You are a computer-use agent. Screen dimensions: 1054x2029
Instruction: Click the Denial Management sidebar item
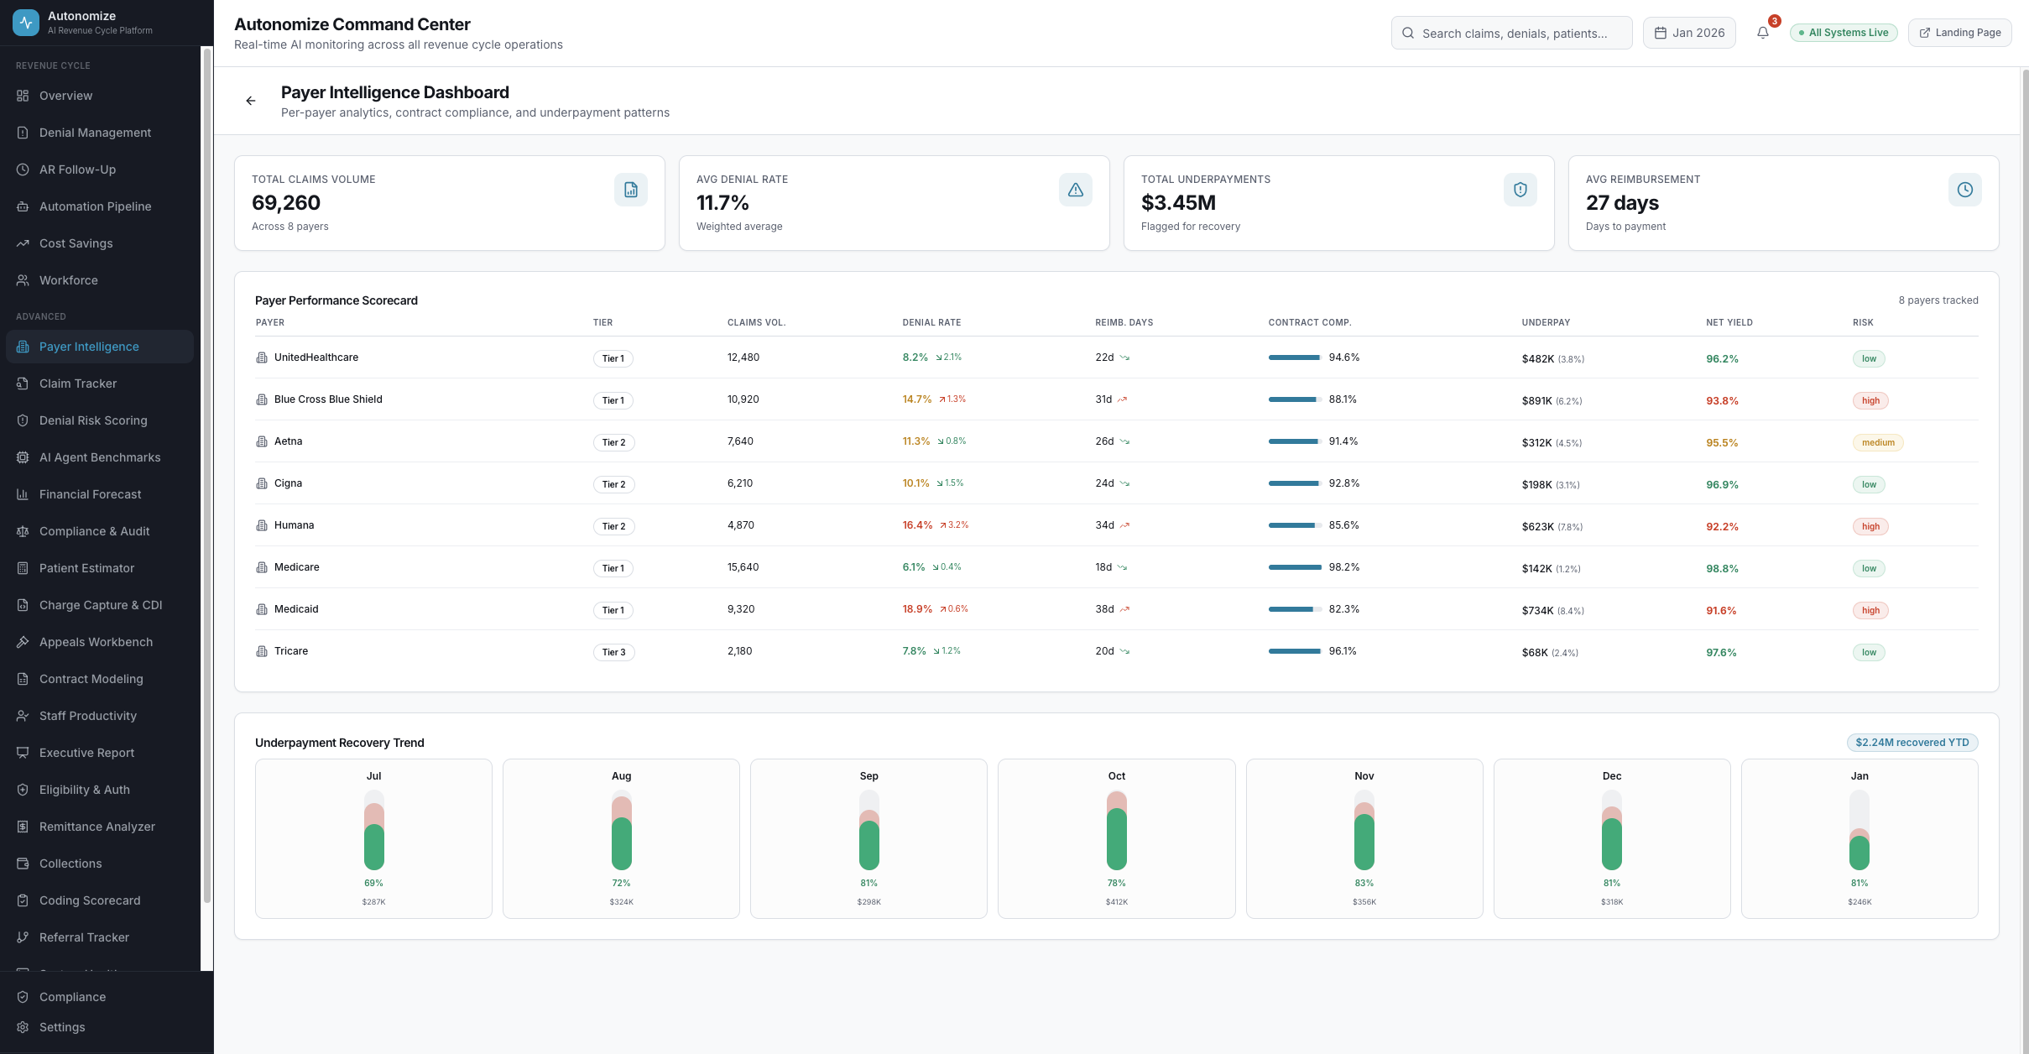point(95,133)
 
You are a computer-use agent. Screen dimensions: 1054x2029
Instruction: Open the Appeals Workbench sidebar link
point(96,642)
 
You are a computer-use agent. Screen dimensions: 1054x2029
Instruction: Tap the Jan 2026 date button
point(1689,33)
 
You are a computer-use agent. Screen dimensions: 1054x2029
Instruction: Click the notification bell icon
point(1762,33)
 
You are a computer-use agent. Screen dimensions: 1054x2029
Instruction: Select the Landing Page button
point(1959,33)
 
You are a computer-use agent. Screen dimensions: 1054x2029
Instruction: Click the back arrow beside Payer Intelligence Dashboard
point(250,101)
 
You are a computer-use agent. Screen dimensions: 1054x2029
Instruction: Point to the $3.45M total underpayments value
point(1178,203)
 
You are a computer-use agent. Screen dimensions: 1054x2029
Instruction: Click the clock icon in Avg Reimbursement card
point(1964,190)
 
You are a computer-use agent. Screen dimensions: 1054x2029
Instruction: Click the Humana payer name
point(294,525)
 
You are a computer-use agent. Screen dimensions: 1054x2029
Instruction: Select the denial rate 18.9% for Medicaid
point(917,609)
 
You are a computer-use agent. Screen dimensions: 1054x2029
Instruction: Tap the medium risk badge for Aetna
point(1877,443)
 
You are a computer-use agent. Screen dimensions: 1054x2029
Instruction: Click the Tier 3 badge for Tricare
point(613,652)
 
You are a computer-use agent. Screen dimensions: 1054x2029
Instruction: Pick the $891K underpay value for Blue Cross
point(1536,401)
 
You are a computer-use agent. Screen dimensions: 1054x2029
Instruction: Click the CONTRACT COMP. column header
point(1309,322)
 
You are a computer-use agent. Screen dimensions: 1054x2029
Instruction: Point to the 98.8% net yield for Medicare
point(1722,569)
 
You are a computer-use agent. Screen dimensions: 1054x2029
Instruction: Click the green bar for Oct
point(1116,839)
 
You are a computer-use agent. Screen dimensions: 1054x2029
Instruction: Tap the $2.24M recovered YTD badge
point(1912,743)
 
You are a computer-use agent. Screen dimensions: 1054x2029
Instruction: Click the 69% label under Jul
point(373,883)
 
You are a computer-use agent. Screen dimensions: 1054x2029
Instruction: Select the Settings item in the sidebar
point(62,1027)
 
